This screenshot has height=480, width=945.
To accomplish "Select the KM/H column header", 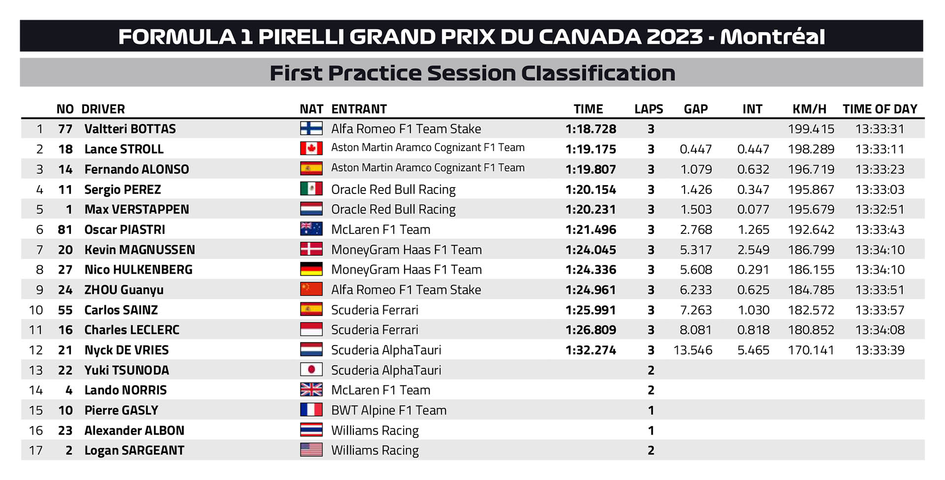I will (x=809, y=109).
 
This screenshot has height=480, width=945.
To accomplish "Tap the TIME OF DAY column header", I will (x=880, y=109).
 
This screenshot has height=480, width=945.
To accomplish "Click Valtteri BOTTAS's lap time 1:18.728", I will (x=591, y=129).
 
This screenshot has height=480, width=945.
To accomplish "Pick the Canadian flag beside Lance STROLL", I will (x=311, y=149).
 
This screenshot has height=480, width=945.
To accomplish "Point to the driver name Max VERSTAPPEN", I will (x=136, y=209).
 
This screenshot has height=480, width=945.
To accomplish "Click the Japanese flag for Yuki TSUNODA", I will (x=311, y=370).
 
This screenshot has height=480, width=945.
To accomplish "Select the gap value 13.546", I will (x=693, y=350).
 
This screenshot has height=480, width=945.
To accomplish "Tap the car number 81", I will (x=65, y=229).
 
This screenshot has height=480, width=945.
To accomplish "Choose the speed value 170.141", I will (x=811, y=350).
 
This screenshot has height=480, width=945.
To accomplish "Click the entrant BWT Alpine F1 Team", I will (x=389, y=410).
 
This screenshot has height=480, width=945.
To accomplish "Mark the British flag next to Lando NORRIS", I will (x=311, y=390).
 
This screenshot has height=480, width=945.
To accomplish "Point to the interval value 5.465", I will (x=753, y=350).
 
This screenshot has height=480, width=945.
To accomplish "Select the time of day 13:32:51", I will (x=880, y=209).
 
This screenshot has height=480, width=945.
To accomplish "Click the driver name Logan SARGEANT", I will (x=134, y=450).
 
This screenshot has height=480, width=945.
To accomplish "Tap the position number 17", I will (x=36, y=450).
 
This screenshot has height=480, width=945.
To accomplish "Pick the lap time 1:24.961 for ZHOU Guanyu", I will (x=591, y=290).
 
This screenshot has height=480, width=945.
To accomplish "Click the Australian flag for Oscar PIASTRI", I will (x=311, y=229).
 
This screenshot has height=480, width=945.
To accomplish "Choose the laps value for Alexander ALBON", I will (x=651, y=430).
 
